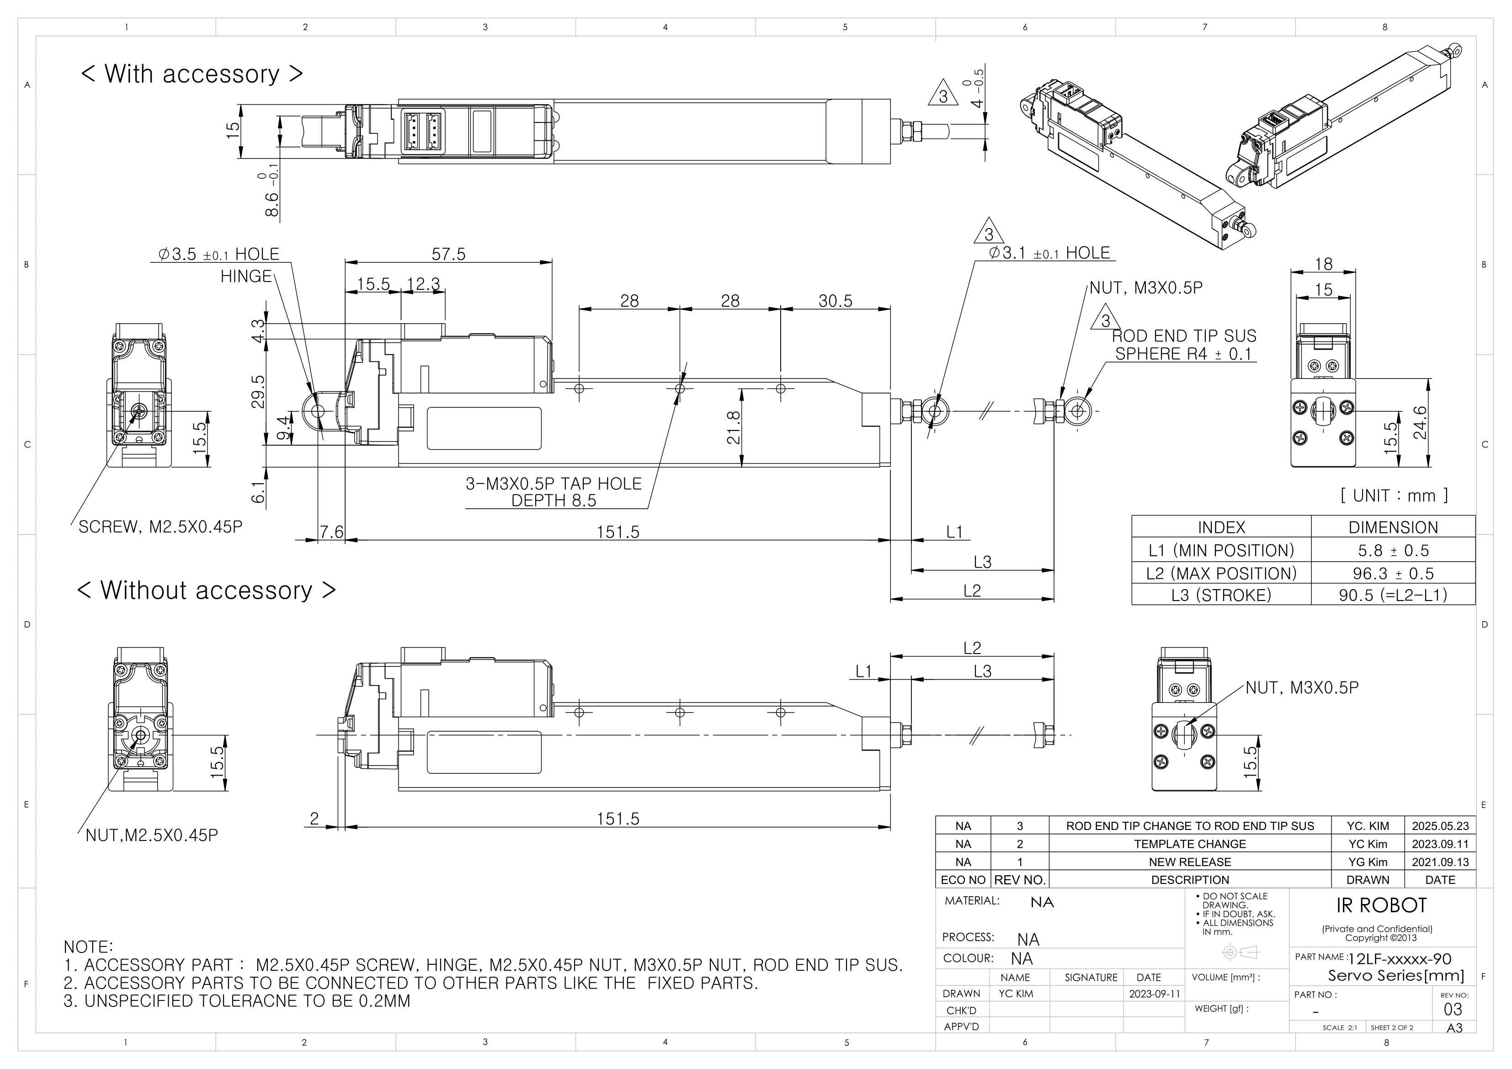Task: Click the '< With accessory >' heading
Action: pos(192,74)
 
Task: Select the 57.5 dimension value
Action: pos(448,254)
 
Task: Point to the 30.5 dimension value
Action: pos(835,301)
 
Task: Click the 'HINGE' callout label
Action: pos(245,276)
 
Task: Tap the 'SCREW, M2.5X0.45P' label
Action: pos(160,527)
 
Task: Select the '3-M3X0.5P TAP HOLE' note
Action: pos(553,484)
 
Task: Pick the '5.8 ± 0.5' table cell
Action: pos(1393,551)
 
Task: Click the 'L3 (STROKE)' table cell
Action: pos(1221,596)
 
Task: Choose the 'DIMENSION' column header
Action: pos(1393,527)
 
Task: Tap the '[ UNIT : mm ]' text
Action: pos(1394,495)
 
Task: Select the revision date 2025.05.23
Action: pos(1440,826)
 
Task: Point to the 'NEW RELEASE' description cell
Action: pos(1189,862)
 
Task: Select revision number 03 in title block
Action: pos(1452,1009)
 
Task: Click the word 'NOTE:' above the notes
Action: pos(88,947)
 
